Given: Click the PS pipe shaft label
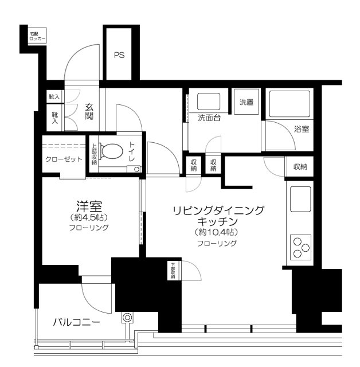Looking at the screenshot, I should (119, 56).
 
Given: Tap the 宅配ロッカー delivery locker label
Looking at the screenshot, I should (38, 37).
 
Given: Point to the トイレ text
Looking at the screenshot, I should (132, 151).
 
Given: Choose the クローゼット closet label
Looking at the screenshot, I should (64, 159).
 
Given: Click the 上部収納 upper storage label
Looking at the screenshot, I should (94, 154).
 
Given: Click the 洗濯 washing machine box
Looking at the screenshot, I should (246, 103).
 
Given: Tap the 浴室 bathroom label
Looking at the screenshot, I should (302, 130).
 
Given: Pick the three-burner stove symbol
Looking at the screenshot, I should (300, 248).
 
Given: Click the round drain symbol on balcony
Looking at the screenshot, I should (127, 317).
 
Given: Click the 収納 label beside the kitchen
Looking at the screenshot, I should (299, 167).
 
